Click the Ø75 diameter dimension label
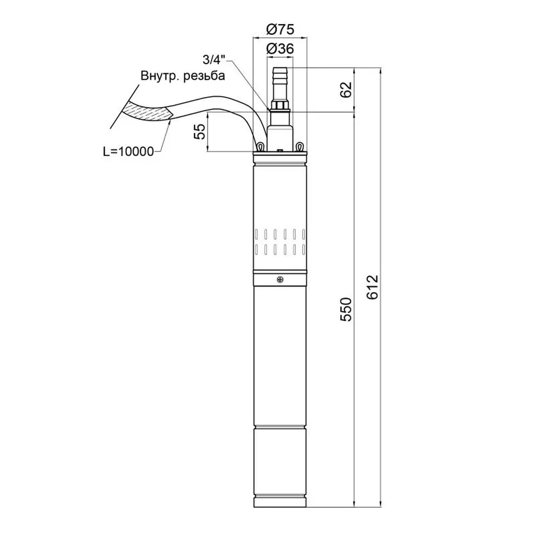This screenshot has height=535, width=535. (x=280, y=29)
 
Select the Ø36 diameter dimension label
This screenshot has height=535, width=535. (x=280, y=49)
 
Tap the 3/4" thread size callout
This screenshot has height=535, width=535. (x=214, y=60)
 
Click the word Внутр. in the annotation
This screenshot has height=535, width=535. (x=160, y=75)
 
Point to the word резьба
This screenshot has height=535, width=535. (x=204, y=76)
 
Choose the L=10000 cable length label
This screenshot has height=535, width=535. (x=128, y=151)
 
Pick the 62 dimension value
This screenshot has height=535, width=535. (x=346, y=90)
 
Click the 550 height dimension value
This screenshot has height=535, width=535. (x=346, y=309)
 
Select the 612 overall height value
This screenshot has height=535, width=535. (x=373, y=287)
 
